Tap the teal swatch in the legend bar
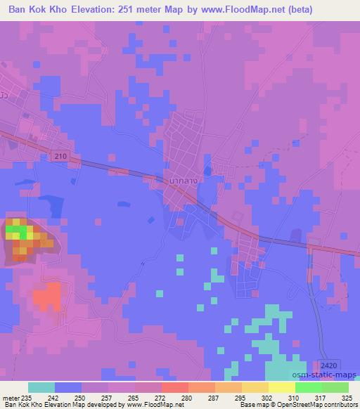point(41,387)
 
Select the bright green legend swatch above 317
point(308,387)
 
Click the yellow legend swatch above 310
point(281,387)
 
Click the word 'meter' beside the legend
point(11,397)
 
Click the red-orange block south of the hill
point(46,297)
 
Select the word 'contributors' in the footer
point(341,405)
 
